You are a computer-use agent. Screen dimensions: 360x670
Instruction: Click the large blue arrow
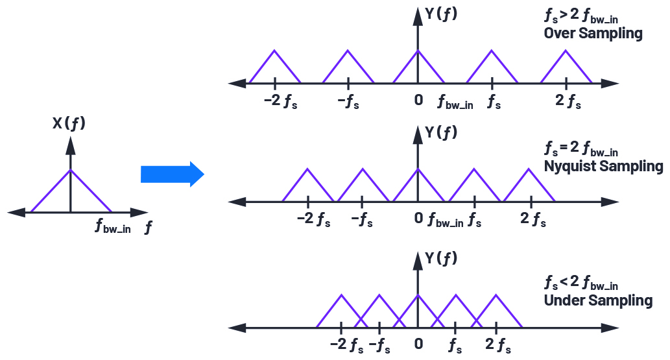pyautogui.click(x=172, y=174)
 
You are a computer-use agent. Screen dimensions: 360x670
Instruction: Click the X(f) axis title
pyautogui.click(x=69, y=123)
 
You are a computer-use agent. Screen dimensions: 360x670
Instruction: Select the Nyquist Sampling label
pyautogui.click(x=604, y=167)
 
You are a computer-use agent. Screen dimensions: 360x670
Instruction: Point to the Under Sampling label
pyautogui.click(x=598, y=300)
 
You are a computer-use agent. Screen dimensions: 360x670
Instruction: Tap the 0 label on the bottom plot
pyautogui.click(x=418, y=343)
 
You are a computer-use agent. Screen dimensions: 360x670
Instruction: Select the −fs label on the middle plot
pyautogui.click(x=362, y=220)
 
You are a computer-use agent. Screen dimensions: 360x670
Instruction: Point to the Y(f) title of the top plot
pyautogui.click(x=441, y=14)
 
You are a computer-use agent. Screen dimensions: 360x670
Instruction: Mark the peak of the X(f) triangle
pyautogui.click(x=71, y=170)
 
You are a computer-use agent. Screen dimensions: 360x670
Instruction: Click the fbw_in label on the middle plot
pyautogui.click(x=446, y=221)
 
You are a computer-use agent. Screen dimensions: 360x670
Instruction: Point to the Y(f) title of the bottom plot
pyautogui.click(x=441, y=258)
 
